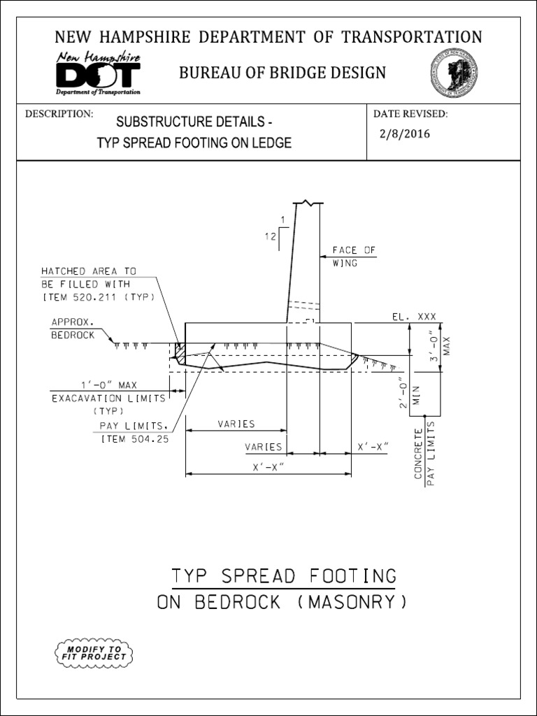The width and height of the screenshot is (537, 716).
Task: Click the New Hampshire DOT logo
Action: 98,73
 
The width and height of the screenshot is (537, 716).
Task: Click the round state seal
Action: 454,73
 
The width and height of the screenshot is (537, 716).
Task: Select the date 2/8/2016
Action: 404,134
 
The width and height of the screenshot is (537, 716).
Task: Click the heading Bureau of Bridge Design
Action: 282,73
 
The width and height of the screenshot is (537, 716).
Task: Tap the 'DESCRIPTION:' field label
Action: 59,114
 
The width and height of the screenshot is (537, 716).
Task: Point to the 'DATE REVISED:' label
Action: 410,114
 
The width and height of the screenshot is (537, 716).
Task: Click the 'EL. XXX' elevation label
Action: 413,317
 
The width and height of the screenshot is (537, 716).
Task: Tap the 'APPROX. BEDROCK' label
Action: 74,329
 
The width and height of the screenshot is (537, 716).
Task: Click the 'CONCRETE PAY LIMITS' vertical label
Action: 424,454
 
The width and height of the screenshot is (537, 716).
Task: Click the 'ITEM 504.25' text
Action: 135,439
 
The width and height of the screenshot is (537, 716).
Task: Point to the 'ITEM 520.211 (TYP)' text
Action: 98,296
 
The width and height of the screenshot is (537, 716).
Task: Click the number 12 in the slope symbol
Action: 270,236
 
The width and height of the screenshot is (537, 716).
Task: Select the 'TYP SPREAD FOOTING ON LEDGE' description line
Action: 194,143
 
